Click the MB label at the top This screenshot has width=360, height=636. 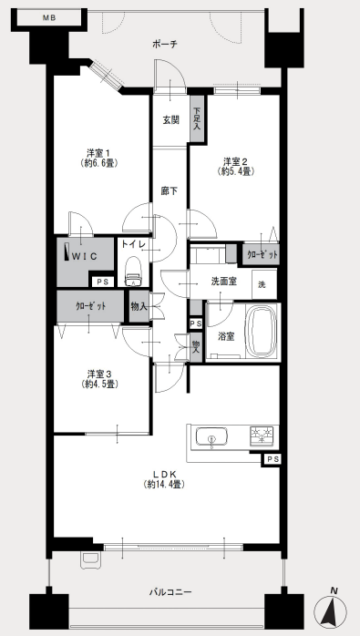(x=48, y=18)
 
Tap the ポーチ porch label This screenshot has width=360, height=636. (x=165, y=45)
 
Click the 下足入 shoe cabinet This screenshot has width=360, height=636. (x=197, y=118)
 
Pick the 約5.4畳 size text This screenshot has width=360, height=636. (x=236, y=171)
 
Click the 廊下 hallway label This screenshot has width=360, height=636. (x=170, y=190)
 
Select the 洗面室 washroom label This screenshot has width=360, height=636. (x=224, y=281)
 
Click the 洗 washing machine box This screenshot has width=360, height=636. (x=264, y=284)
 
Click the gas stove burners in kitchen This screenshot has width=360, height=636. (x=262, y=436)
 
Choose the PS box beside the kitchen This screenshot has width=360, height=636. (x=271, y=459)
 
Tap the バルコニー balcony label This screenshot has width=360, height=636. (x=170, y=592)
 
